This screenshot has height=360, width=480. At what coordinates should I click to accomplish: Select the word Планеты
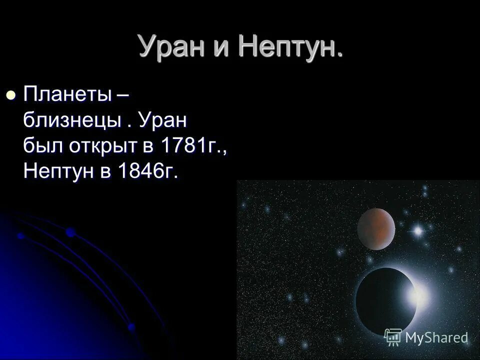point(67,94)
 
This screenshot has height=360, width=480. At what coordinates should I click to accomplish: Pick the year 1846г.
point(148,172)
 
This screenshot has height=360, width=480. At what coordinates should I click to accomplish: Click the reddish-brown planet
point(376,228)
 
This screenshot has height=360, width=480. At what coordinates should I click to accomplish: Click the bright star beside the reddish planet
point(417,230)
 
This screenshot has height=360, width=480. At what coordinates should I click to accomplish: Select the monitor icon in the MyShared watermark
point(393,337)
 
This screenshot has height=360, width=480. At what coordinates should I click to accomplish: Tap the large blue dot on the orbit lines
point(70,232)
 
